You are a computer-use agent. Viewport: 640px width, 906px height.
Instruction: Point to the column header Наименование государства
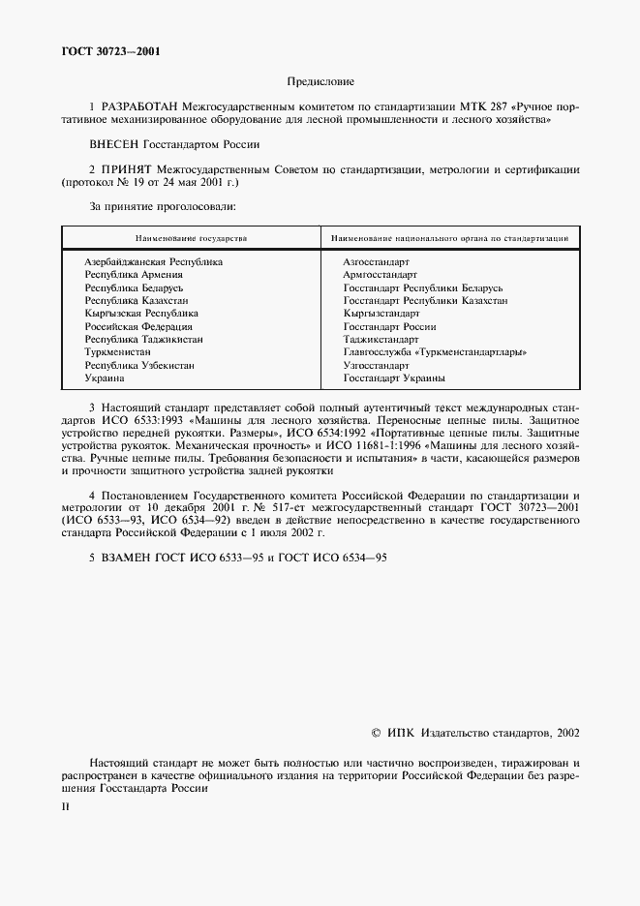[191, 237]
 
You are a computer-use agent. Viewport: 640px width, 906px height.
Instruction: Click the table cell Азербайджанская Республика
[154, 262]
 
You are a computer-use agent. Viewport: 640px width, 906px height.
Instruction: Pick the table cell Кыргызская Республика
[141, 314]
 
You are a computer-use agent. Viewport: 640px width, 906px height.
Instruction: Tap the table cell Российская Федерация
[138, 327]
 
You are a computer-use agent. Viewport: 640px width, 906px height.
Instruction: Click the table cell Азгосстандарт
[377, 262]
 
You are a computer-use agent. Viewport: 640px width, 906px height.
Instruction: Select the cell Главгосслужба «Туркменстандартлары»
[435, 352]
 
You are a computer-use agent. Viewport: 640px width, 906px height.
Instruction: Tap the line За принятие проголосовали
[156, 206]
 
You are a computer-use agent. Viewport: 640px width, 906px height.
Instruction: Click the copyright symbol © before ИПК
[377, 734]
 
